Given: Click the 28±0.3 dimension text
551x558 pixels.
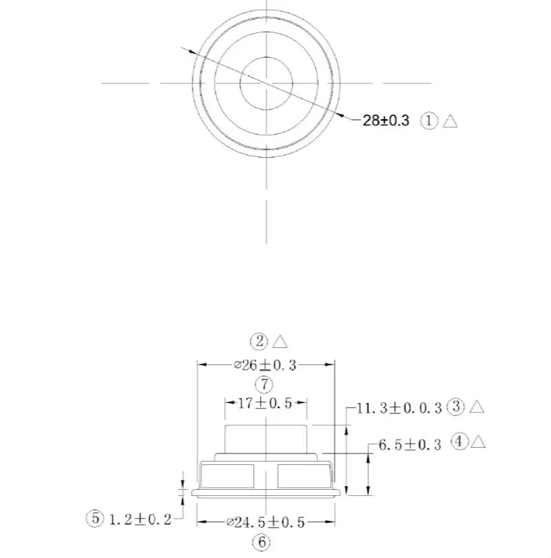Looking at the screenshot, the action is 385,121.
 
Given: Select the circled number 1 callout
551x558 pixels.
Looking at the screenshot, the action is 429,121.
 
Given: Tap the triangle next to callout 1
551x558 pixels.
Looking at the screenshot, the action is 450,121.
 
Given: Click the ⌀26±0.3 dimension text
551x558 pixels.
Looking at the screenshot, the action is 266,365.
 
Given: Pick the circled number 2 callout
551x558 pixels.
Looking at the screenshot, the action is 259,342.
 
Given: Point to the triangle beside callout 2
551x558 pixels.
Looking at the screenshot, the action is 280,342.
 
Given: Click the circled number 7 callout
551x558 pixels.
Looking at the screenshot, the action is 264,384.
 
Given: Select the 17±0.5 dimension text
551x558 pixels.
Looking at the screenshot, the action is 265,403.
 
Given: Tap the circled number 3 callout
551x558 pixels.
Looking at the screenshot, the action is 457,406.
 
